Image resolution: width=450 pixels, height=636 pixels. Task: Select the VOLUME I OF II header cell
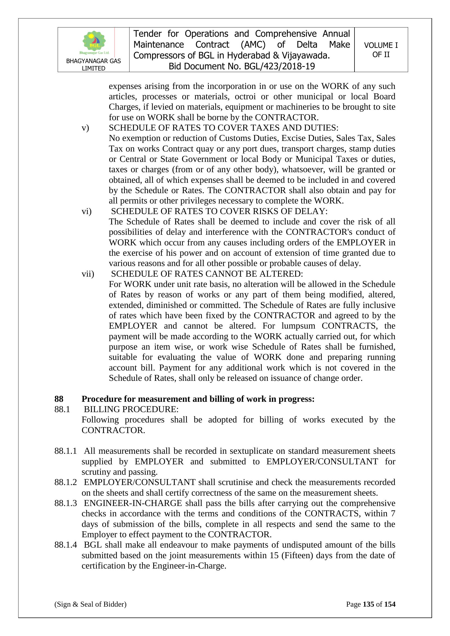pyautogui.click(x=381, y=50)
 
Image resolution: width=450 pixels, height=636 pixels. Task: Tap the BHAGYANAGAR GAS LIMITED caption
pyautogui.click(x=93, y=64)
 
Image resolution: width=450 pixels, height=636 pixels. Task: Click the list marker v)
pyautogui.click(x=85, y=128)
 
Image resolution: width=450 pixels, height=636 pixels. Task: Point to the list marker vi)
pyautogui.click(x=87, y=211)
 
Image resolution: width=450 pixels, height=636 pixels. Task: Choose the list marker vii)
pyautogui.click(x=88, y=274)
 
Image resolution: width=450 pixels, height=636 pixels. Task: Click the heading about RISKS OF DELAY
pyautogui.click(x=219, y=211)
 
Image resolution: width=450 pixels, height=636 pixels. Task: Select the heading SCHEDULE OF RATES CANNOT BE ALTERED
pyautogui.click(x=207, y=274)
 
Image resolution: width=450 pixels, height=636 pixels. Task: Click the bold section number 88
pyautogui.click(x=59, y=399)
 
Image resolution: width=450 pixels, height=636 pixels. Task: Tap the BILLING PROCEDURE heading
pyautogui.click(x=131, y=409)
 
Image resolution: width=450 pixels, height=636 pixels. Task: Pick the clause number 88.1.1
pyautogui.click(x=65, y=451)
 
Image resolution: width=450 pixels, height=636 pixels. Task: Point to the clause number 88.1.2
pyautogui.click(x=65, y=482)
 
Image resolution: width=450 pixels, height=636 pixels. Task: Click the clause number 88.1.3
pyautogui.click(x=65, y=503)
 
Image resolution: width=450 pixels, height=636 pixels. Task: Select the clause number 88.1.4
pyautogui.click(x=65, y=545)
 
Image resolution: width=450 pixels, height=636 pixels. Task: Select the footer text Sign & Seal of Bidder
pyautogui.click(x=90, y=604)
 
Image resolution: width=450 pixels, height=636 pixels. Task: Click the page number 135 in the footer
pyautogui.click(x=368, y=604)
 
